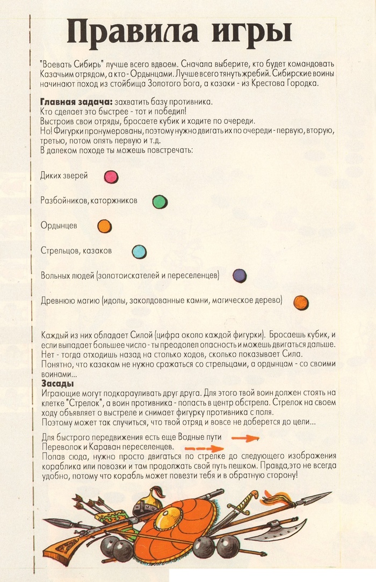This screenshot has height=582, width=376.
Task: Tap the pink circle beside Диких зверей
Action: [x=111, y=176]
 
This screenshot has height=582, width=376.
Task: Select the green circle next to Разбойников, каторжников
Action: [x=160, y=201]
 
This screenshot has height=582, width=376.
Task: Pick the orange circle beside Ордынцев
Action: [x=104, y=226]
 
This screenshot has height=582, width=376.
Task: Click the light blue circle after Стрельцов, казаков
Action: [x=139, y=251]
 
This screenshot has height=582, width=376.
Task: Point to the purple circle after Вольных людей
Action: [x=240, y=275]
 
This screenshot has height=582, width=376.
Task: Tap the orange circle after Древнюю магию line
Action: [x=301, y=302]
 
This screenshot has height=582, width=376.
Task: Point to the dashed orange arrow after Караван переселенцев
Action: [x=204, y=447]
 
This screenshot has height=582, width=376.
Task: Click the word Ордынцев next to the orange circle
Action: [x=59, y=226]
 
